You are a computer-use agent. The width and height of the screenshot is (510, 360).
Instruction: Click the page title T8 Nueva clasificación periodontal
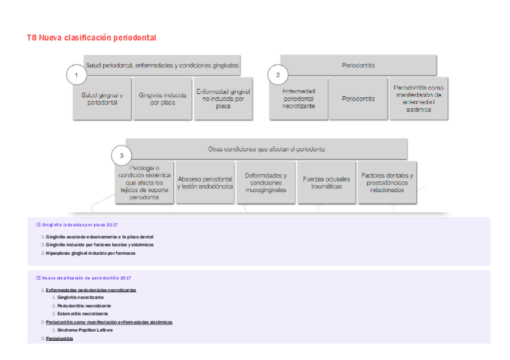(x=91, y=38)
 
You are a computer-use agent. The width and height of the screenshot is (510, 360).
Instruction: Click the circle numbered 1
(x=76, y=75)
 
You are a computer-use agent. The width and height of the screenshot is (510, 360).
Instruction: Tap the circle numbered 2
(x=278, y=75)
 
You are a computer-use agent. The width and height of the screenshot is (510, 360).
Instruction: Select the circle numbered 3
(x=121, y=156)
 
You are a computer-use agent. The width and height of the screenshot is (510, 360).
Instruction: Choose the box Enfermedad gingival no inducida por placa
(x=223, y=99)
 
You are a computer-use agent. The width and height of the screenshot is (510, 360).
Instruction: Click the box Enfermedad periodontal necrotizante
(x=298, y=99)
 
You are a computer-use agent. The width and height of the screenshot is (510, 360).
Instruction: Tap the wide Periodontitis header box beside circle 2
(x=358, y=65)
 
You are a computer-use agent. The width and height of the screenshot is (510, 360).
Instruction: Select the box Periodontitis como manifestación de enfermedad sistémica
(x=419, y=99)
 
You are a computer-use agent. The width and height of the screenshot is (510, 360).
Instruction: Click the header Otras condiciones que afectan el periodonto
(x=266, y=148)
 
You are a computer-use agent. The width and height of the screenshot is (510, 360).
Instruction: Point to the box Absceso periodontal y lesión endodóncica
(x=205, y=183)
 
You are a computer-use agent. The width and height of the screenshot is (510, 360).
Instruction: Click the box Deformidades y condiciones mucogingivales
(x=266, y=183)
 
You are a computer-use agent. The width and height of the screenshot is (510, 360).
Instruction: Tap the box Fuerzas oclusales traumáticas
(x=327, y=183)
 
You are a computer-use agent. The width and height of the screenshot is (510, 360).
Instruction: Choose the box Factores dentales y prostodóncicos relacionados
(x=387, y=183)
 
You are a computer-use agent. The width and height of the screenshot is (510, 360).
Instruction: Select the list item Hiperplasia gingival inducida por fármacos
(x=90, y=254)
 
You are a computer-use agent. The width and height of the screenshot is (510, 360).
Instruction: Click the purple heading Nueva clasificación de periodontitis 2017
(x=86, y=278)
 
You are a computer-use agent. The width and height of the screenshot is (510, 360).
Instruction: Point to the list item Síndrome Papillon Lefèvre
(x=85, y=330)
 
